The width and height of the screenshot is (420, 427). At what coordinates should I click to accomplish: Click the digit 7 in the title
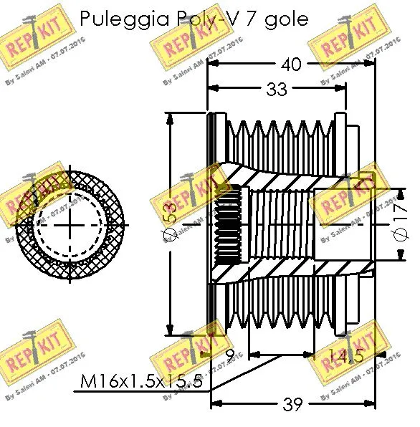(x=247, y=19)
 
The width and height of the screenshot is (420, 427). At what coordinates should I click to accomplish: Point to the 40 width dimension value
(x=292, y=64)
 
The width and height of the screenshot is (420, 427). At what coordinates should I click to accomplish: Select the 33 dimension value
(x=277, y=89)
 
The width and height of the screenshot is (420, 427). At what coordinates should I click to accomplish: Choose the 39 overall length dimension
(x=292, y=405)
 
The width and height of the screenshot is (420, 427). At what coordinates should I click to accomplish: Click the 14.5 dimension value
(x=345, y=354)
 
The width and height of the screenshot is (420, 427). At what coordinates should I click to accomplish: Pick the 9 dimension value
(x=229, y=354)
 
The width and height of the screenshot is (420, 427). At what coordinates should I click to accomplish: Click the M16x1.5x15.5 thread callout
(x=144, y=380)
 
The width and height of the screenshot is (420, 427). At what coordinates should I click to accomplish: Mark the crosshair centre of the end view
(x=70, y=223)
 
